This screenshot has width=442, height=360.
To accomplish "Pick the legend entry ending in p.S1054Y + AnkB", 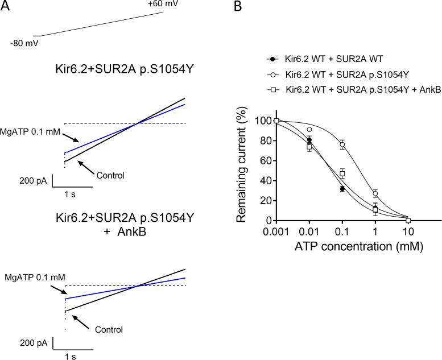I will (351, 89).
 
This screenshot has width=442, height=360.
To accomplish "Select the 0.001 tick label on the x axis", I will (277, 233).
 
